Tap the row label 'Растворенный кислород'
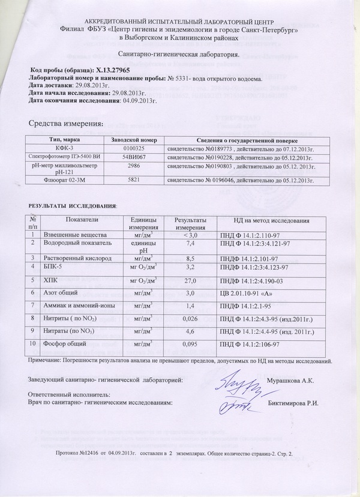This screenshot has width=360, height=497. (x=73, y=257)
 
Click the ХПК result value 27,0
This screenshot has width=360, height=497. (x=190, y=280)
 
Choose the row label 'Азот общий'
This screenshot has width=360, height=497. (x=58, y=293)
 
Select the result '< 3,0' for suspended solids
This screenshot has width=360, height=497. (x=190, y=233)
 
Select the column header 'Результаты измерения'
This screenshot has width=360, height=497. (x=190, y=223)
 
